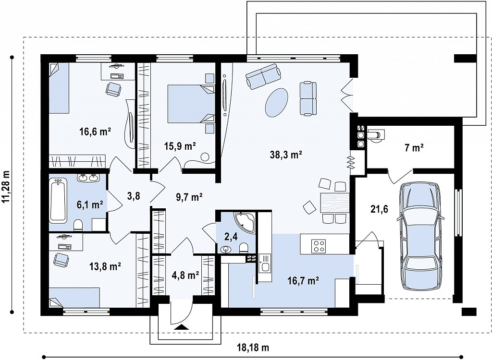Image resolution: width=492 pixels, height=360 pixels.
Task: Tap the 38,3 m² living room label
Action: (x=286, y=154)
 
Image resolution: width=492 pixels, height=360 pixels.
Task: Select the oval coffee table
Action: (x=276, y=102)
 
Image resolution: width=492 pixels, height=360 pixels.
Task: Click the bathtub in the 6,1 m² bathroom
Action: (x=58, y=200)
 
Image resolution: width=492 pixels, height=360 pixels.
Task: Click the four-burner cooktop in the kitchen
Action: (x=318, y=246)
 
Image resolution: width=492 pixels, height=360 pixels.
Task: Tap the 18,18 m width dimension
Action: (x=253, y=348)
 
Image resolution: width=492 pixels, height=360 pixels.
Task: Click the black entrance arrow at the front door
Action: (x=181, y=327)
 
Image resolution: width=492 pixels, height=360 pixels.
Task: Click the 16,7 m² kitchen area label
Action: (x=303, y=280)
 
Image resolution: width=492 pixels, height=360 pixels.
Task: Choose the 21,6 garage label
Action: (x=379, y=209)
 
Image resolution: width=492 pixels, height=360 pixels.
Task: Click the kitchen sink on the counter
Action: (x=265, y=263)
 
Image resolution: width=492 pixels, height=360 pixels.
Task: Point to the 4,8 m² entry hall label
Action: (x=185, y=276)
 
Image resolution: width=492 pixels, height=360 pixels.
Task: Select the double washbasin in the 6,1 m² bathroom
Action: (x=88, y=178)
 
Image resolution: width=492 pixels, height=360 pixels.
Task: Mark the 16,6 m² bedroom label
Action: (x=96, y=132)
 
